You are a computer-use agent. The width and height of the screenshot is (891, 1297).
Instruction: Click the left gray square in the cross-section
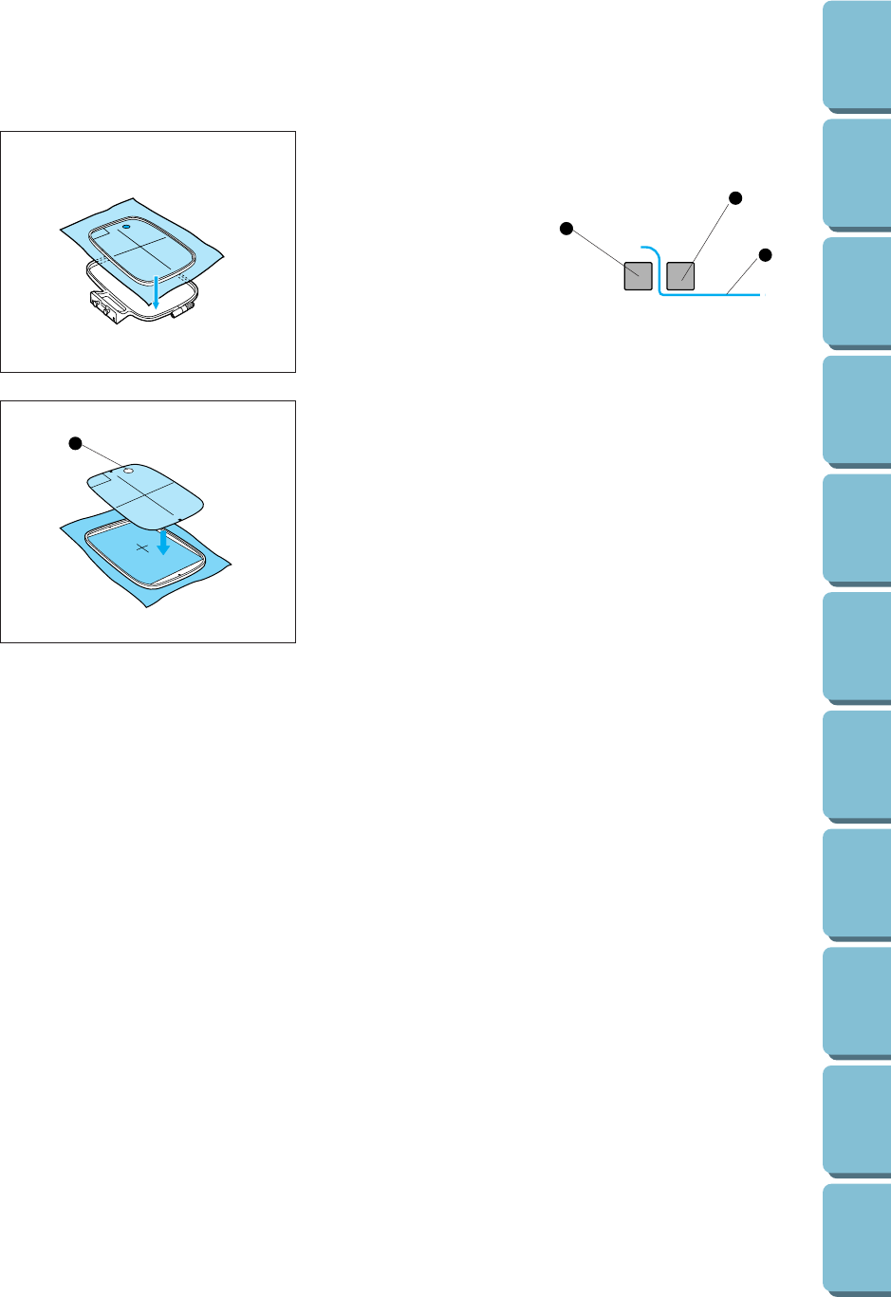click(638, 276)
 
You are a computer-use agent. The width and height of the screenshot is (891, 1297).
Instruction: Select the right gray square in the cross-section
click(680, 276)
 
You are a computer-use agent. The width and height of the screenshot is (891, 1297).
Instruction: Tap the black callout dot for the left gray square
click(566, 228)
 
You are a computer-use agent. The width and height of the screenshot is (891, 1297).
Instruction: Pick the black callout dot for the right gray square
click(733, 197)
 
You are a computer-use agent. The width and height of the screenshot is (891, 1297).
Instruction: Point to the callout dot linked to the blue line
click(765, 254)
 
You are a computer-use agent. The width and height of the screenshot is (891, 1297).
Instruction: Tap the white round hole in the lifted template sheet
click(130, 469)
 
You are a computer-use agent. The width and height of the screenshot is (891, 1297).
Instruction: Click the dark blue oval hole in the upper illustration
click(126, 229)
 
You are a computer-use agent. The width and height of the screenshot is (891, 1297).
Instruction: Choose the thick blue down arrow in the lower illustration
click(163, 544)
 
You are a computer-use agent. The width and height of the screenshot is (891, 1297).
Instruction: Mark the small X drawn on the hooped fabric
click(142, 548)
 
